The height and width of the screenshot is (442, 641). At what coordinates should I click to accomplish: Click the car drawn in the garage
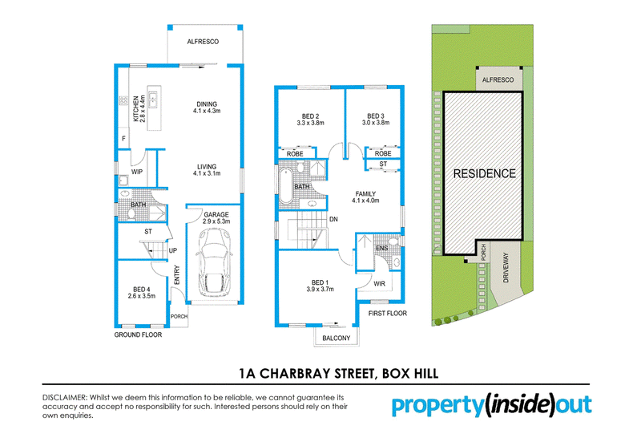(x=213, y=263)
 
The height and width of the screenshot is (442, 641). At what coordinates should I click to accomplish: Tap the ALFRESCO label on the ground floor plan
(x=203, y=42)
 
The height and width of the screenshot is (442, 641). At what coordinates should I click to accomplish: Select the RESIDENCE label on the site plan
(x=485, y=173)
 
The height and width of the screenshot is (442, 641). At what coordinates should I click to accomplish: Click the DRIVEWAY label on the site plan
(x=506, y=267)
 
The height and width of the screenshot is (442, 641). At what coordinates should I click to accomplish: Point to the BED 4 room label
(x=142, y=290)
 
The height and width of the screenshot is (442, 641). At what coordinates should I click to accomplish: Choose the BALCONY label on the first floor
(x=336, y=338)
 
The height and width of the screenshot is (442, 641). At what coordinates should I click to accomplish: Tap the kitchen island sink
(x=153, y=99)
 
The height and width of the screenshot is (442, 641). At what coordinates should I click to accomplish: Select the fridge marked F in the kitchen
(x=124, y=139)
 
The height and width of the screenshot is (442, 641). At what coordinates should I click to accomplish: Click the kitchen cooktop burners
(x=123, y=99)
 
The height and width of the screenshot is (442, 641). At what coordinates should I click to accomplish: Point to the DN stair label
(x=333, y=219)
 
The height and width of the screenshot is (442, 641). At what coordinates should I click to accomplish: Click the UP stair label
(x=173, y=250)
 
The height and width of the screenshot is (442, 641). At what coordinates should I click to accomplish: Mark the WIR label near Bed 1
(x=379, y=284)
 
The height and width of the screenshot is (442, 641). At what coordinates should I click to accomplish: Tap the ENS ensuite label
(x=382, y=249)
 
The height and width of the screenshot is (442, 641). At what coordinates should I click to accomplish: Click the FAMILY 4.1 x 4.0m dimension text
(x=365, y=201)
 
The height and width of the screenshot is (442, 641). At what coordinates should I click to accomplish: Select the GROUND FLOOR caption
(x=138, y=335)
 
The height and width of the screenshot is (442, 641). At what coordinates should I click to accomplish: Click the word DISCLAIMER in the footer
(x=65, y=397)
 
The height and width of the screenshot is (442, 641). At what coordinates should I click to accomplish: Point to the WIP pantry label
(x=137, y=172)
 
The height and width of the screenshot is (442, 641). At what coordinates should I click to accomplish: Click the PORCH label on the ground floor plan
(x=179, y=316)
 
